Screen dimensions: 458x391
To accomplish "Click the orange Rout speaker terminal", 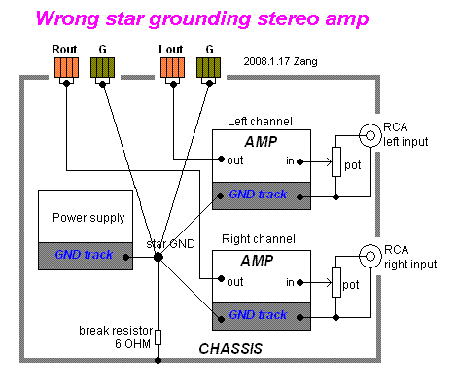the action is point(66,67).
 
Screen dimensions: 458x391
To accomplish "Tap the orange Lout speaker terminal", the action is point(173,67).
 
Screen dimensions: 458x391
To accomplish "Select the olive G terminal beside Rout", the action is point(102,67).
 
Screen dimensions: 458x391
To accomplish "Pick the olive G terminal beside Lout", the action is point(209,67).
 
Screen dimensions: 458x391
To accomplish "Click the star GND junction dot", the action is point(158,257).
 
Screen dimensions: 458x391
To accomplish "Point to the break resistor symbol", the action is point(158,338).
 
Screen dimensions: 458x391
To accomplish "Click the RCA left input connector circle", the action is point(370,135).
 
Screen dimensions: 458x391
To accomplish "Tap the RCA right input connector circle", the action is point(370,256).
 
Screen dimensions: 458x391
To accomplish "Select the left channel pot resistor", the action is point(336,161).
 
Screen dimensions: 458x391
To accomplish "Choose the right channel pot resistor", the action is point(336,282).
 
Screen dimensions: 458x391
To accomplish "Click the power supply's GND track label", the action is point(84,255).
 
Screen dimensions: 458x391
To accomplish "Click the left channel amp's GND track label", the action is point(258,195).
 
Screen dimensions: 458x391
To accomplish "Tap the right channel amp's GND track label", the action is point(258,315).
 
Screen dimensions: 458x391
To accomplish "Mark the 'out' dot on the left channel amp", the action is point(221,159).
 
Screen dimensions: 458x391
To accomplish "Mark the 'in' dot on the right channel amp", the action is point(299,282).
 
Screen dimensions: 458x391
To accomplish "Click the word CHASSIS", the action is point(230,349).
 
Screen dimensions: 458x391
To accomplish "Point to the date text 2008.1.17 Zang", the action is point(280,61).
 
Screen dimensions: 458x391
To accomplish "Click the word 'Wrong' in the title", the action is point(67,18).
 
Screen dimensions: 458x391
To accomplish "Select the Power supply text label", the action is point(88,218).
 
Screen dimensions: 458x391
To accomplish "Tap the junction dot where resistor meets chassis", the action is point(158,360).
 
